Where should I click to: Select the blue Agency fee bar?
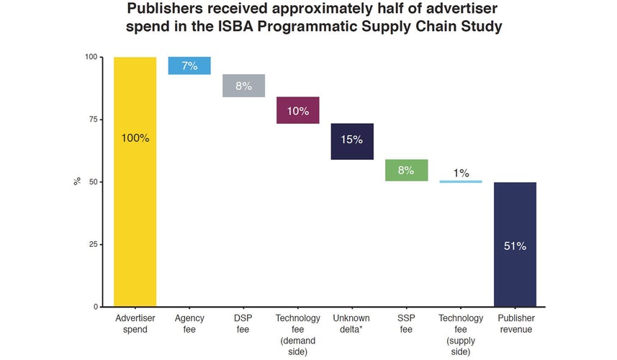click(x=189, y=66)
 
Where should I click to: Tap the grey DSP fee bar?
click(x=243, y=86)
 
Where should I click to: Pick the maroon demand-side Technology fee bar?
click(x=298, y=110)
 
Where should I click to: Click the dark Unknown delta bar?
click(x=352, y=141)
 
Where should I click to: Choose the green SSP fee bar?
click(x=407, y=170)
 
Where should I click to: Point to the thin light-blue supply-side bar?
click(x=461, y=181)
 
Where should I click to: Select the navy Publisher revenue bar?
click(x=515, y=244)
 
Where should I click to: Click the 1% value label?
click(x=461, y=173)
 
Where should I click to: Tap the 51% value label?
click(x=515, y=246)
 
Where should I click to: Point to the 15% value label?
click(x=352, y=140)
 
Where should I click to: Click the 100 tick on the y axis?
click(x=90, y=57)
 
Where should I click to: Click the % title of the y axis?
click(x=76, y=181)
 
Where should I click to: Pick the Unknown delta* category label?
click(x=352, y=324)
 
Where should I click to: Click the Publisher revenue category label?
click(x=515, y=324)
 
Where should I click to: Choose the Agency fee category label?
click(x=189, y=324)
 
